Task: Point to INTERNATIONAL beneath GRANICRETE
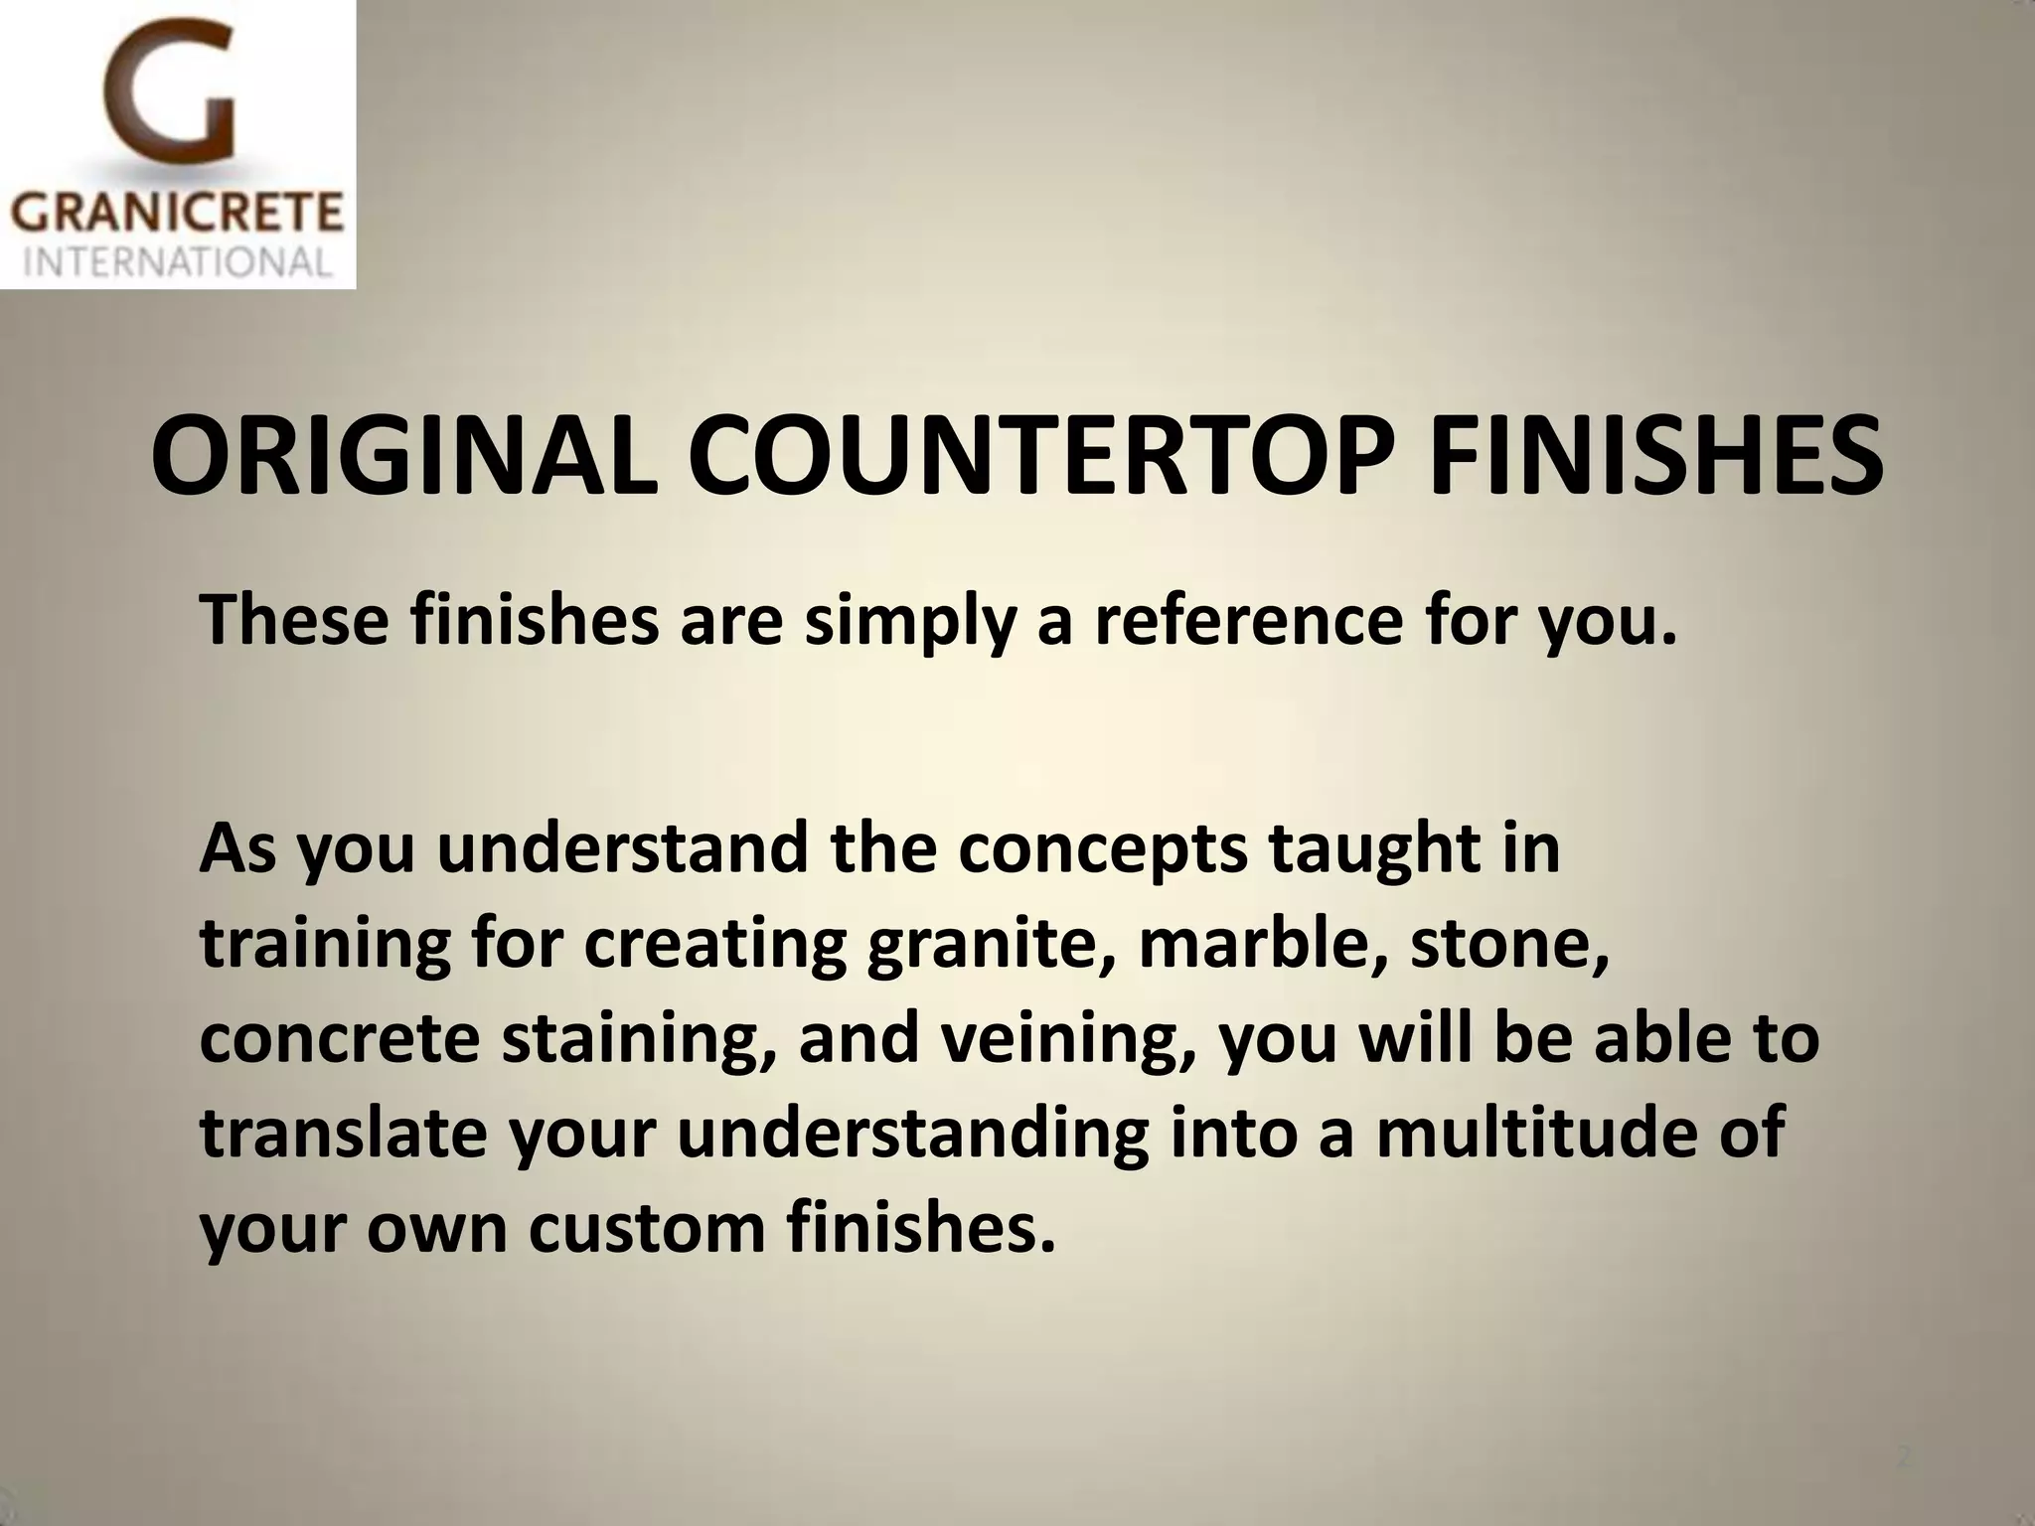(x=177, y=262)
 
